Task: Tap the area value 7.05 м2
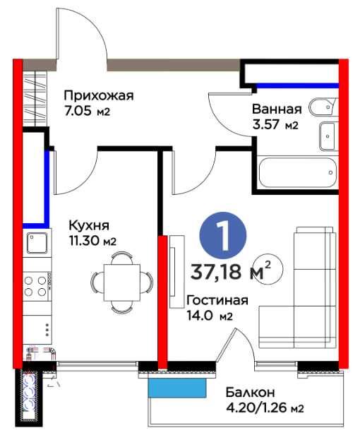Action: coord(88,112)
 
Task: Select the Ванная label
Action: coord(277,109)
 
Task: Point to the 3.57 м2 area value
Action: coord(275,126)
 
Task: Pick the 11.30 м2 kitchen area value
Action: coord(92,241)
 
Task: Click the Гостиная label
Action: coord(217,300)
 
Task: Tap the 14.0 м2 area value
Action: coord(210,316)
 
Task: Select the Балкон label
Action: coord(251,392)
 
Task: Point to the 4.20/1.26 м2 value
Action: coord(265,407)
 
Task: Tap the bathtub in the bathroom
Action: coord(296,172)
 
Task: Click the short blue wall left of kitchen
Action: coord(47,187)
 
